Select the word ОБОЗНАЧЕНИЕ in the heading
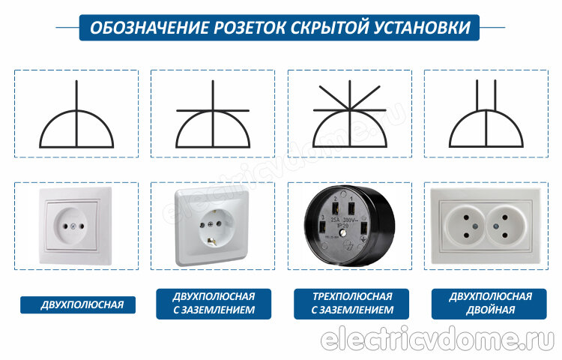(x=149, y=28)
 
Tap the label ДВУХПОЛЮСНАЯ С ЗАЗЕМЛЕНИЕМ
(x=214, y=304)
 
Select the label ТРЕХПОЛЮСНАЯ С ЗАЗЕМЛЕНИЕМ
(x=351, y=304)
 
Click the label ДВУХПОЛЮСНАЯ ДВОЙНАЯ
(x=489, y=304)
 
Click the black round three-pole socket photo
(x=349, y=226)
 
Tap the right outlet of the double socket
(x=504, y=226)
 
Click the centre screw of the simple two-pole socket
(x=73, y=226)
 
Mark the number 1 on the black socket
(x=351, y=198)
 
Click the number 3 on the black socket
(x=323, y=217)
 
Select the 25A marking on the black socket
(x=336, y=220)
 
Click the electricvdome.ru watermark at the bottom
(x=438, y=339)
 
